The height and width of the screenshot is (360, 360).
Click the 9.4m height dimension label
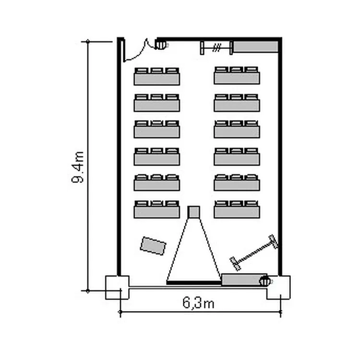[78, 167]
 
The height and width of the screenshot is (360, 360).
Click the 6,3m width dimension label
[199, 302]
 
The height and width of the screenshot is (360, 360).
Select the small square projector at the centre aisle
[193, 212]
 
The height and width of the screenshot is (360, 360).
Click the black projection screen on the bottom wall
[194, 283]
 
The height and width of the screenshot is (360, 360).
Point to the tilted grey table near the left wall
[153, 246]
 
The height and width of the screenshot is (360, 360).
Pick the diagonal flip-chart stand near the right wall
[254, 252]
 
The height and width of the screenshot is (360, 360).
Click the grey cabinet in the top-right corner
[255, 47]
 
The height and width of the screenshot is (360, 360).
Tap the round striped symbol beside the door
[160, 45]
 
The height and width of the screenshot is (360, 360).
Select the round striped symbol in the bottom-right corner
[264, 281]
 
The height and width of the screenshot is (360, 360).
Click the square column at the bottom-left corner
[117, 288]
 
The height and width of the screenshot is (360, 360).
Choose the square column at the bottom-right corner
[278, 288]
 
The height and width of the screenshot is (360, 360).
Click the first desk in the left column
[157, 76]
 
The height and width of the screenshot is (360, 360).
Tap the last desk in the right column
[237, 209]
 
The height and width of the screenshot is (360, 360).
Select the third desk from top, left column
[157, 129]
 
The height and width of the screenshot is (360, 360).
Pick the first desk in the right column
[237, 75]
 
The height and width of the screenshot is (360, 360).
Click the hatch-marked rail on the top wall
[216, 48]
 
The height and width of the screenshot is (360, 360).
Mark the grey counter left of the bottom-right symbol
[244, 280]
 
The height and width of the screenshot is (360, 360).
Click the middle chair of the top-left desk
[157, 70]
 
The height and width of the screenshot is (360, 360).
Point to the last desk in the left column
[157, 209]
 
